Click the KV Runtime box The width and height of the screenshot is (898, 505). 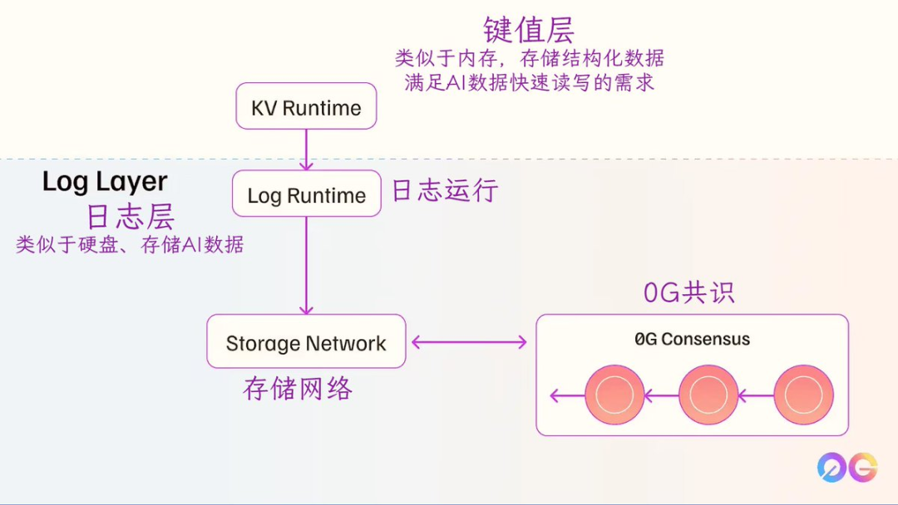tap(306, 106)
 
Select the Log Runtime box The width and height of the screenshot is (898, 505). tap(306, 194)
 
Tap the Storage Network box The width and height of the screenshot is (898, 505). tap(306, 341)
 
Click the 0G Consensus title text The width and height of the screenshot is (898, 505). tap(692, 339)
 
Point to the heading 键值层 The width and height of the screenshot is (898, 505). tap(529, 30)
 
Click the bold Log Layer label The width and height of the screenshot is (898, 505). tap(105, 181)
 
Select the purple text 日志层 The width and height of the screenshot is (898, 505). tap(131, 217)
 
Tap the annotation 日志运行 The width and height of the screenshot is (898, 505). tap(445, 190)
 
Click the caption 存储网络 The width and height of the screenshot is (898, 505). tap(298, 388)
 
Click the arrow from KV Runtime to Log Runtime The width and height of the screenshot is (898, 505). tap(306, 150)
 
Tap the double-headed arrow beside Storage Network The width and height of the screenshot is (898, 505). tap(470, 341)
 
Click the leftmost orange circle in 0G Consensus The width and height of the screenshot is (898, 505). tap(614, 395)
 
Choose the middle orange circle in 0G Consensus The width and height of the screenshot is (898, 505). tap(708, 395)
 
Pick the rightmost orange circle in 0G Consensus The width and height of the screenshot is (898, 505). tap(803, 395)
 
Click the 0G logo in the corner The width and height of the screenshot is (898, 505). tap(846, 467)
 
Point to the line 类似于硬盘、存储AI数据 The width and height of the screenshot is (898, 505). tap(131, 245)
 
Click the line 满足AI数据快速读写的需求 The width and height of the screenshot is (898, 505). tap(529, 82)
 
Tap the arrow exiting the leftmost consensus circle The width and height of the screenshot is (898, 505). tap(567, 396)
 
